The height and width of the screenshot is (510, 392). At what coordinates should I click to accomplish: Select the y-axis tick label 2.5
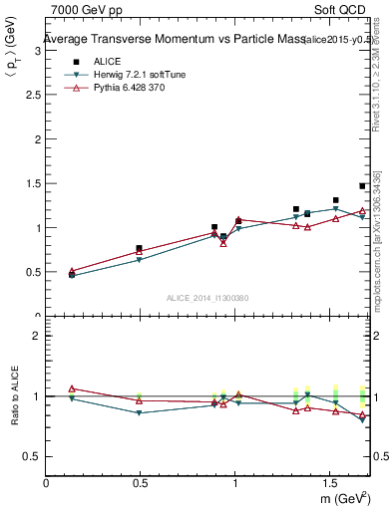click(x=34, y=95)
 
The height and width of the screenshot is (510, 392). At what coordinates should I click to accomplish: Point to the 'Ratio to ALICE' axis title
click(x=13, y=396)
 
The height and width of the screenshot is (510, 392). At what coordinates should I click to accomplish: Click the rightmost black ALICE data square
click(x=363, y=186)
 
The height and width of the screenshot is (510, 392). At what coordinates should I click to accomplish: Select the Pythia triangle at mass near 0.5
click(x=140, y=251)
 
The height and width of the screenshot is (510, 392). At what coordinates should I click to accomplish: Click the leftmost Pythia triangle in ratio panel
click(x=72, y=388)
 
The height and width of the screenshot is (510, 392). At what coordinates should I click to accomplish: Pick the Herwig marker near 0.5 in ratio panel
click(x=140, y=412)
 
